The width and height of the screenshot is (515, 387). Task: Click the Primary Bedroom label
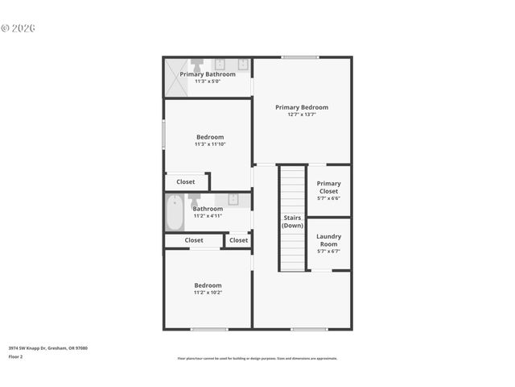[x=302, y=107]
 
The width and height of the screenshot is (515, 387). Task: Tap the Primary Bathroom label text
[x=208, y=74]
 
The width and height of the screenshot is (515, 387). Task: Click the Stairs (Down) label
[x=292, y=221]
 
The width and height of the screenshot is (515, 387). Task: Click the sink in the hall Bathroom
[x=233, y=199]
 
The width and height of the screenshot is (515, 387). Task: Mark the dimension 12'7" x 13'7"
[x=302, y=114]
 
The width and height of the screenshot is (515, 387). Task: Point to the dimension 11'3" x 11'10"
[x=210, y=144]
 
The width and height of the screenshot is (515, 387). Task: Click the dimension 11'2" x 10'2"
[x=208, y=293]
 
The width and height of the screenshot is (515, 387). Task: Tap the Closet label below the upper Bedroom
[x=186, y=182]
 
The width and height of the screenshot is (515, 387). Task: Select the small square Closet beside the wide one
[x=238, y=240]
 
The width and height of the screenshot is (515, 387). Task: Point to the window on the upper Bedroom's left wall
[x=164, y=134]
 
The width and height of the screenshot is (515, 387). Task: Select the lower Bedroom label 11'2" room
[x=208, y=285]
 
